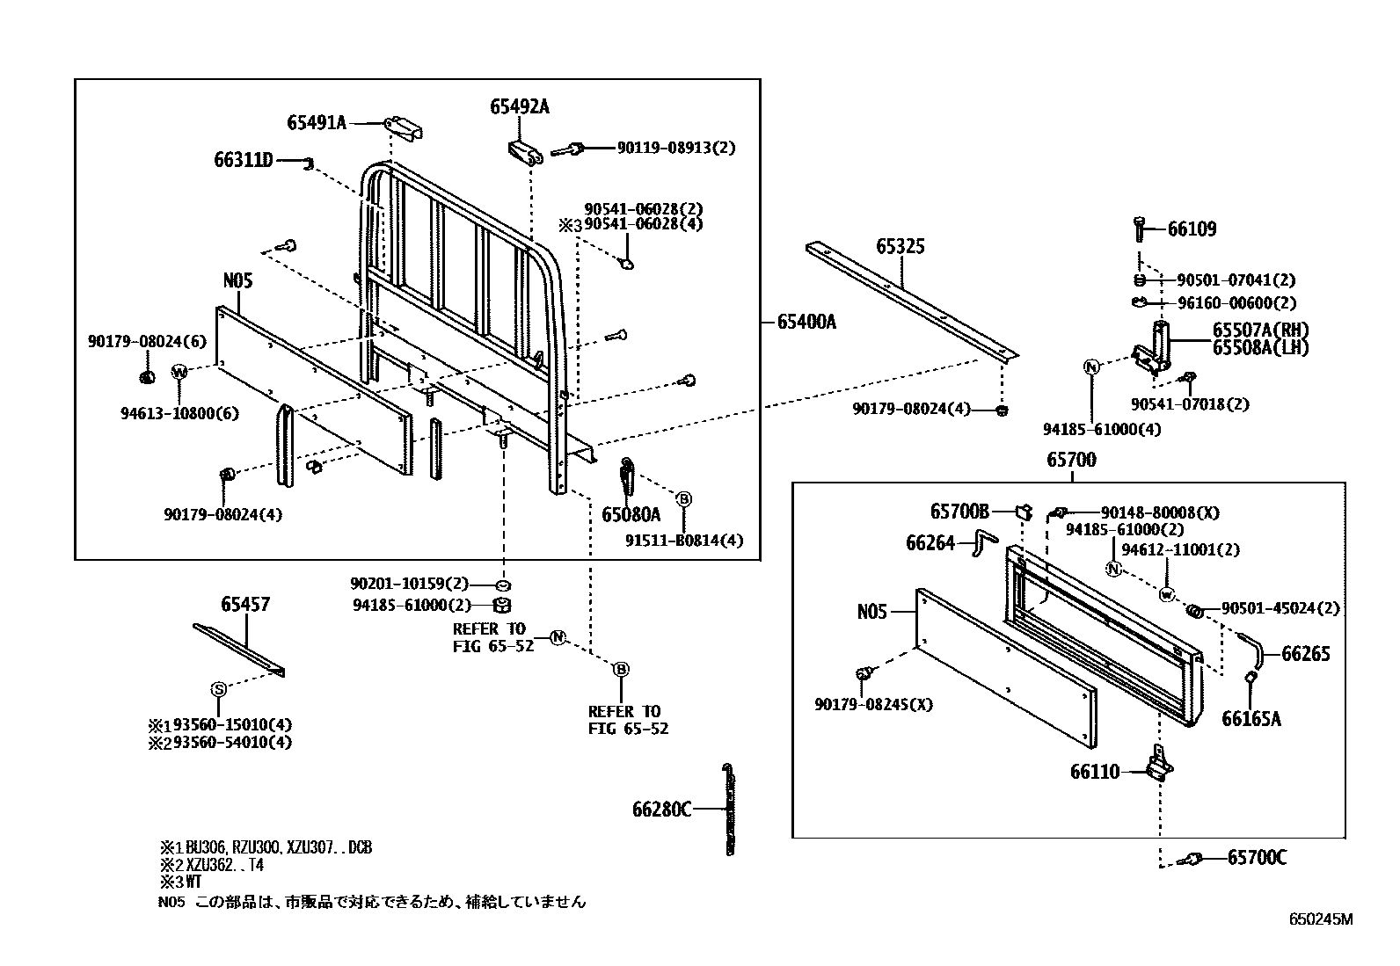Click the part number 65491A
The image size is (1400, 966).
click(317, 123)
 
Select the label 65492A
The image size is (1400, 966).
click(520, 106)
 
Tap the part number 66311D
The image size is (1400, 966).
click(244, 160)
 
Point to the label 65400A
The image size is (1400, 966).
click(806, 322)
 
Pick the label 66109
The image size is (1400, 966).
click(1192, 229)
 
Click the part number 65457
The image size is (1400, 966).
click(245, 605)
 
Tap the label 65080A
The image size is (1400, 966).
click(631, 514)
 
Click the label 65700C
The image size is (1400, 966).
click(1257, 857)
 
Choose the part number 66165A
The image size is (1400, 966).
click(1251, 719)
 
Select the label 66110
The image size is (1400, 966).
click(1095, 772)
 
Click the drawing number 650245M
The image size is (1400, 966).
click(1320, 919)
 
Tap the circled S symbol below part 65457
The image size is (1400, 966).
click(219, 689)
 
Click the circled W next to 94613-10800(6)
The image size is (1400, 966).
click(179, 372)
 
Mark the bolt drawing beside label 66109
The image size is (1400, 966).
click(1141, 229)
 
